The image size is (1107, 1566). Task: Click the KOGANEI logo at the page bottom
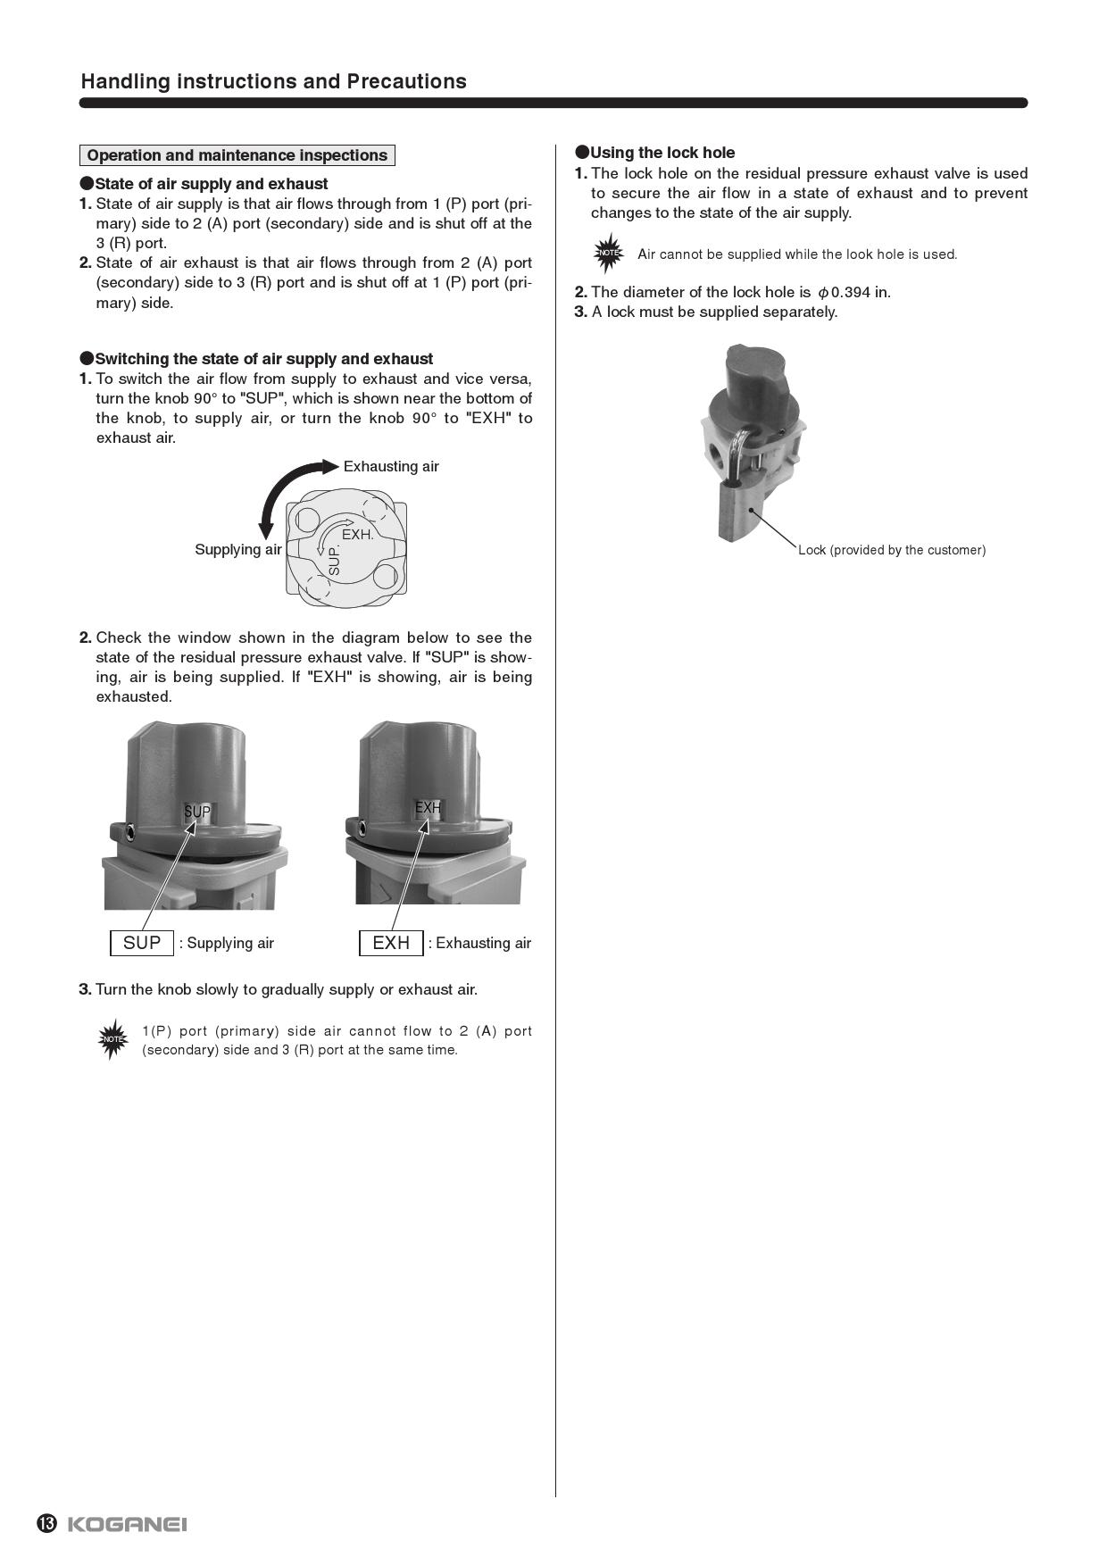point(127,1523)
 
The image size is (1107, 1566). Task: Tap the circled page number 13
point(46,1523)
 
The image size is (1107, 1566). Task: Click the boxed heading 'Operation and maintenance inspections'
point(237,155)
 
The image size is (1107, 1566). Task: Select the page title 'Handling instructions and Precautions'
point(273,81)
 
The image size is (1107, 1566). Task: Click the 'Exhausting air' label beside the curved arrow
point(391,466)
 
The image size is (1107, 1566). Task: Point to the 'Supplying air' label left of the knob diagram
point(237,549)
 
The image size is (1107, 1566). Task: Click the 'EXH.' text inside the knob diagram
point(357,534)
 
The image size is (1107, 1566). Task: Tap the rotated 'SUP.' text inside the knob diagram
point(335,560)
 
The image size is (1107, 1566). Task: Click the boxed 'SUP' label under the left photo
point(142,943)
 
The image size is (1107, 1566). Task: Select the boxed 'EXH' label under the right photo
point(391,943)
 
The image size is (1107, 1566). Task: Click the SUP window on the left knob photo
point(197,812)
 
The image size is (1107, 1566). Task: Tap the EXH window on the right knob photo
point(428,808)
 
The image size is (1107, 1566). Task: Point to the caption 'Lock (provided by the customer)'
point(891,550)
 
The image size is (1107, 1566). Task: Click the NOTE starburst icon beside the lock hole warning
point(609,254)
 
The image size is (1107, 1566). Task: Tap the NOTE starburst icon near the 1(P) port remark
point(112,1039)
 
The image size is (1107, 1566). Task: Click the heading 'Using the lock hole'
point(662,153)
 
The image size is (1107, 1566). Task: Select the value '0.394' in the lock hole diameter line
point(850,292)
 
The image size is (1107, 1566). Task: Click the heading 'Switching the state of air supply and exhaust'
point(263,359)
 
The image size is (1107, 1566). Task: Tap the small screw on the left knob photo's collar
point(131,833)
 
